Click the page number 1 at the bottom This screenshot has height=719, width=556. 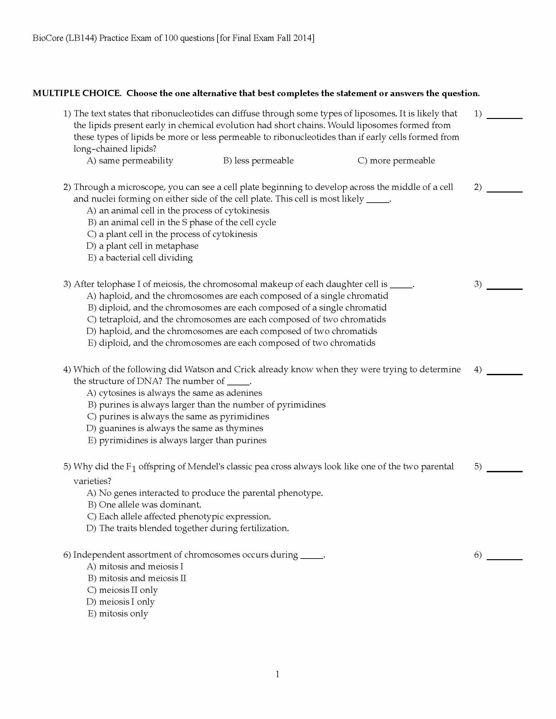tap(277, 674)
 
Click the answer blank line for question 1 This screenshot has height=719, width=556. tap(504, 117)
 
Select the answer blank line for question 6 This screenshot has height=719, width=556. tap(504, 559)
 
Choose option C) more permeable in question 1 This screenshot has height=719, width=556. tap(396, 161)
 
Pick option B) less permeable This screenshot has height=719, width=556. tap(258, 161)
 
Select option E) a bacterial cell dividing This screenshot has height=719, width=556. tap(140, 258)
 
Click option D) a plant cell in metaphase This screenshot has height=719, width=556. tap(142, 246)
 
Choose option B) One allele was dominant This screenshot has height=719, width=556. tap(144, 505)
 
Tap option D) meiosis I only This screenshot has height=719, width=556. tap(121, 602)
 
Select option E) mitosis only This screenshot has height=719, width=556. tap(118, 614)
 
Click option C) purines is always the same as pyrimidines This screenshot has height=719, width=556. tap(178, 416)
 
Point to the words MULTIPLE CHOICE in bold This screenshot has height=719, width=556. tap(77, 93)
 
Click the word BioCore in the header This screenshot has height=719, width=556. tap(48, 38)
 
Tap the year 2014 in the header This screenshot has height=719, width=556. tap(303, 38)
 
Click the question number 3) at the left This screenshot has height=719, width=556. tap(67, 284)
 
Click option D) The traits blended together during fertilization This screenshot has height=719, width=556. tap(188, 528)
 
